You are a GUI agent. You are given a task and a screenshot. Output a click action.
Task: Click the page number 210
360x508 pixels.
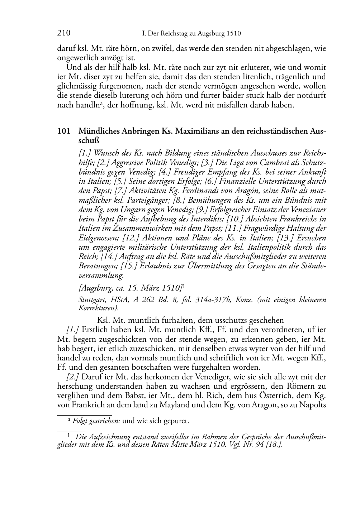(x=63, y=34)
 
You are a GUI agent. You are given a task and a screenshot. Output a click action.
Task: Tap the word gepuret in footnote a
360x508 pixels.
(x=176, y=421)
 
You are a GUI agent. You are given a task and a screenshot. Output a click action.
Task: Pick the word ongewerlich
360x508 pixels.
(x=75, y=58)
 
